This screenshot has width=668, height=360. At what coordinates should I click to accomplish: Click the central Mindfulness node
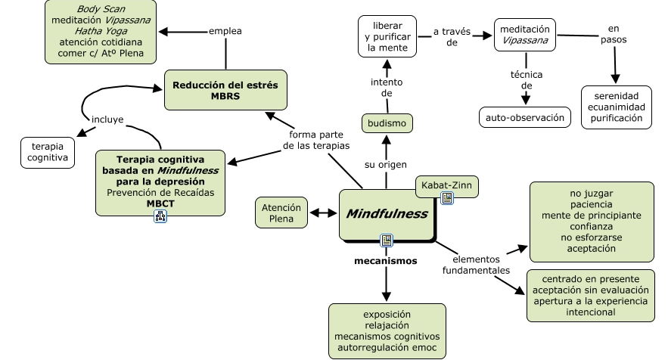387,214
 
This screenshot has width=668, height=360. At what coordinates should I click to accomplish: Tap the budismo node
387,123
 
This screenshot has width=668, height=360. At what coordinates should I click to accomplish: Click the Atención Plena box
281,213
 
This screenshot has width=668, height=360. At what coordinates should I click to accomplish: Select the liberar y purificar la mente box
387,36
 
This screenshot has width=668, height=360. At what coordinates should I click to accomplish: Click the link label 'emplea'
226,31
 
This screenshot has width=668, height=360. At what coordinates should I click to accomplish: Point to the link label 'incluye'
107,119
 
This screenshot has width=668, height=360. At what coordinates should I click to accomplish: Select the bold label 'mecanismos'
386,261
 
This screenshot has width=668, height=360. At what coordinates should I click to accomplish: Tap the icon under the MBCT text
160,216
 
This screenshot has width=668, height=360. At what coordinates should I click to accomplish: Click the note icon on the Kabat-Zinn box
447,198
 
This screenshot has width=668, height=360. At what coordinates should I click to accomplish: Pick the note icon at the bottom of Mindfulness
387,241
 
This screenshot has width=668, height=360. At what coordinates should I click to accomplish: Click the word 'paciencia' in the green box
591,204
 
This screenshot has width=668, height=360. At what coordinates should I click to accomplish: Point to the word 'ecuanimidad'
616,107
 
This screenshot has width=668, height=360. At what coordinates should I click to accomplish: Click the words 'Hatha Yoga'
100,31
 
